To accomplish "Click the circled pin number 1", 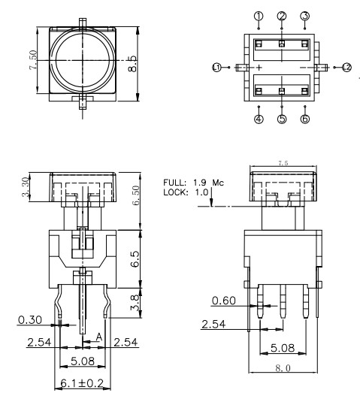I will coord(258,16).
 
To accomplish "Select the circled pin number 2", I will coord(282,16).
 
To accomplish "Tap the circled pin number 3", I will coord(304,16).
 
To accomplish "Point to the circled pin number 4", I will coord(258,119).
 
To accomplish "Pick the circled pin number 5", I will coord(282,119).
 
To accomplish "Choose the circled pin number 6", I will coord(304,119).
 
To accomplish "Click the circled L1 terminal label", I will coord(217,68).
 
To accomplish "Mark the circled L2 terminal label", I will coord(346,68).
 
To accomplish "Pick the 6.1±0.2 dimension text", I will coord(80,384).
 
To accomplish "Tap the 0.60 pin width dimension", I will coord(224,301).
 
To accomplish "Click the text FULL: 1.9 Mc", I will coord(188,182).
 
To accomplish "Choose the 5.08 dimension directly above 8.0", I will coord(282,349).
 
